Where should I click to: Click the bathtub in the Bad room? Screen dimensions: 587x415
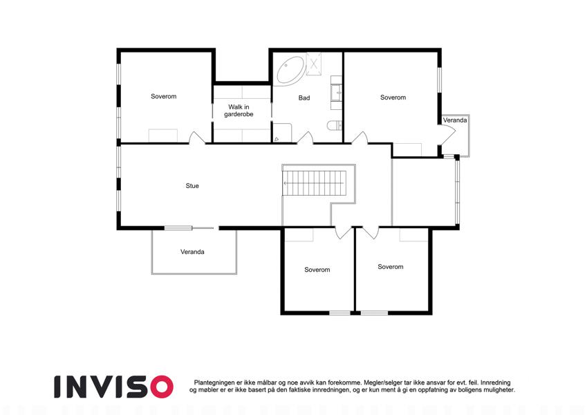(x=290, y=71)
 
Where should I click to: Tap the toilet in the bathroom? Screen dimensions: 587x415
(x=335, y=125)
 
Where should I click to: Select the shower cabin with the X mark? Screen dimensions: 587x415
(x=314, y=64)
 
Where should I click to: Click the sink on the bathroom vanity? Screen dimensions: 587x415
(x=337, y=92)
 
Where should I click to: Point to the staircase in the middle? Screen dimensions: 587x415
(x=313, y=183)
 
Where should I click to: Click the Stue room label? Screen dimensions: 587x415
(x=192, y=186)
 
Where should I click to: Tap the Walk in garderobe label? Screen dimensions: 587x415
(x=239, y=111)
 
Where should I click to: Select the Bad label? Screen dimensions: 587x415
(x=304, y=98)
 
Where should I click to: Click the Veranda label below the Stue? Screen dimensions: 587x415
(x=192, y=252)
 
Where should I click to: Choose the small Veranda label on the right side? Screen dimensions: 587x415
(x=455, y=120)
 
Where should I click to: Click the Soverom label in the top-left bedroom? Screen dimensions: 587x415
(x=164, y=96)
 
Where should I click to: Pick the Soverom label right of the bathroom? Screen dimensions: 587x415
(x=393, y=98)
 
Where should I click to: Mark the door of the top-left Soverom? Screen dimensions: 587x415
(x=197, y=138)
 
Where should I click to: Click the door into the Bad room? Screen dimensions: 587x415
(x=305, y=138)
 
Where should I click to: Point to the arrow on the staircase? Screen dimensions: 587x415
(x=314, y=183)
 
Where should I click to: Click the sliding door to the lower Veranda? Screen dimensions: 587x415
(x=190, y=228)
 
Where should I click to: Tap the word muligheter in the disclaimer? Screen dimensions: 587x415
(x=499, y=390)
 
